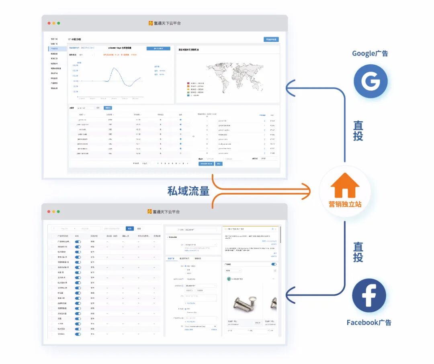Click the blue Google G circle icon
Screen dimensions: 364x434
pyautogui.click(x=371, y=81)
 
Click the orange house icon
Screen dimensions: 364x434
pyautogui.click(x=345, y=185)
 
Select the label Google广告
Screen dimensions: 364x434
pyautogui.click(x=370, y=53)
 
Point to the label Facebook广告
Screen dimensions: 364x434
pyautogui.click(x=369, y=322)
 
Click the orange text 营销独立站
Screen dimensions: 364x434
pyautogui.click(x=345, y=204)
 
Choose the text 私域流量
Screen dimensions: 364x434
pyautogui.click(x=188, y=191)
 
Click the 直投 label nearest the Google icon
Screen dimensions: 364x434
pyautogui.click(x=358, y=131)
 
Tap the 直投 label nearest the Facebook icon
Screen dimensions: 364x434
pyautogui.click(x=358, y=252)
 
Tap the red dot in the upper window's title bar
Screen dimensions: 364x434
pyautogui.click(x=49, y=23)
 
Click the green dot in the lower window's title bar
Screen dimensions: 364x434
pyautogui.click(x=59, y=211)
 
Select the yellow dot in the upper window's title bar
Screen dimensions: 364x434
pyautogui.click(x=53, y=23)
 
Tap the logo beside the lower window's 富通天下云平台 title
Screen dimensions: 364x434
pyautogui.click(x=150, y=211)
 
